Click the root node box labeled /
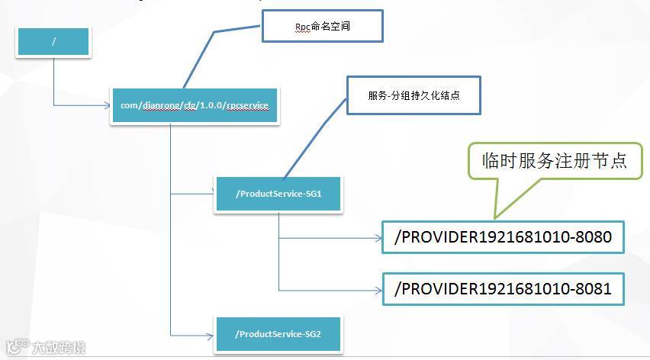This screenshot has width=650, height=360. tap(53, 41)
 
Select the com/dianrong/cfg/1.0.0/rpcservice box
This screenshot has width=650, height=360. tap(195, 105)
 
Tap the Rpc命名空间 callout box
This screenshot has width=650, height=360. tap(321, 27)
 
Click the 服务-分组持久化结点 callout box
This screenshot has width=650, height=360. tap(413, 95)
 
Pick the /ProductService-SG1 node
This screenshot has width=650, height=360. tap(278, 194)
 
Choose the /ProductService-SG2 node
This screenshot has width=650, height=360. tap(278, 334)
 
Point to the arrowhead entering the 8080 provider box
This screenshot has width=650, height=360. tap(378, 238)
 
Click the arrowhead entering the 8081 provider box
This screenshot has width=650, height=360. tap(378, 290)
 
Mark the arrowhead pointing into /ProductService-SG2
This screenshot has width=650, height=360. tap(211, 334)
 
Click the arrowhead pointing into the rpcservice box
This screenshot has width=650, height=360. tap(108, 105)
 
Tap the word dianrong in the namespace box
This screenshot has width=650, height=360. tap(159, 105)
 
